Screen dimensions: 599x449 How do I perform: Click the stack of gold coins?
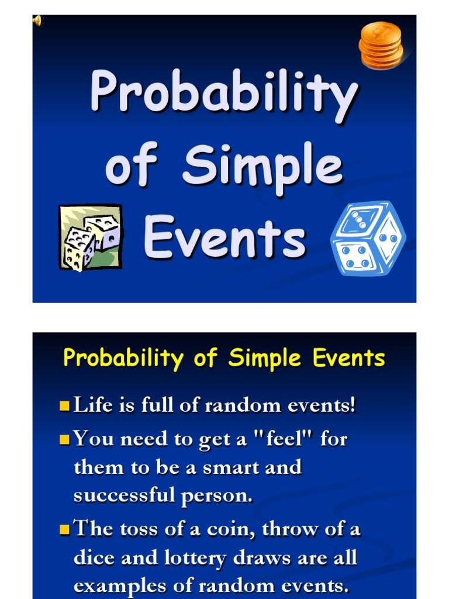[381, 45]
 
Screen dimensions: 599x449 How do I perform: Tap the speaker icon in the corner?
[37, 21]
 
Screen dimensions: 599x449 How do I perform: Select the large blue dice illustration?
[368, 239]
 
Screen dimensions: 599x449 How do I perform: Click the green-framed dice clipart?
[91, 237]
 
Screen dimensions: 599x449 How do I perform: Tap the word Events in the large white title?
[224, 236]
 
